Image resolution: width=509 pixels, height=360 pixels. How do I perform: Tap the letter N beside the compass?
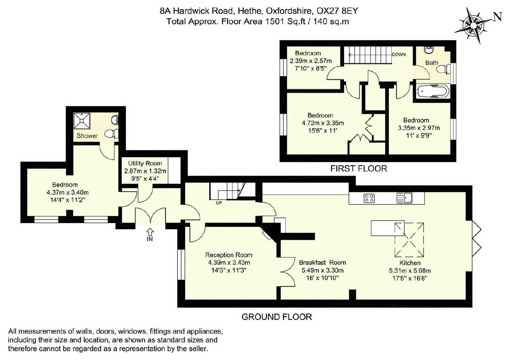click(497, 17)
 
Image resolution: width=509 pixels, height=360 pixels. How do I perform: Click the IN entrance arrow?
click(150, 232)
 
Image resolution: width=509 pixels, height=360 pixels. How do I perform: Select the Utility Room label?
click(145, 163)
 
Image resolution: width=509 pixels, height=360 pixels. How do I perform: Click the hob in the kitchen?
click(369, 198)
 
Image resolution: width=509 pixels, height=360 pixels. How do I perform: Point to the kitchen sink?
click(405, 198)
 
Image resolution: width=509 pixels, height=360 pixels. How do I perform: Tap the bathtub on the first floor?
click(433, 92)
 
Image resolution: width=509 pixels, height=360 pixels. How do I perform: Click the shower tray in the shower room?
click(82, 121)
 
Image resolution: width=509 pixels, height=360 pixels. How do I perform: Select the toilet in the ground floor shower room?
click(111, 133)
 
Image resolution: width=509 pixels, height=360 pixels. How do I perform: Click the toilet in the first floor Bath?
click(444, 69)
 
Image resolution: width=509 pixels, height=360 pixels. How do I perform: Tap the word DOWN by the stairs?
click(399, 54)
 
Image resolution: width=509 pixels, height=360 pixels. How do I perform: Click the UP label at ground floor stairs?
click(219, 203)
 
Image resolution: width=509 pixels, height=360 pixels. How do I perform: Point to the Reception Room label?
click(229, 255)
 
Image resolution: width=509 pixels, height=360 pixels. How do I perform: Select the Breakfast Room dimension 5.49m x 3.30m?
click(322, 271)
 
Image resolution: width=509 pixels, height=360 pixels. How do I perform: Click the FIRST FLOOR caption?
click(359, 169)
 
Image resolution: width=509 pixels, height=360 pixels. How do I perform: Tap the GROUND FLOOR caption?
click(277, 317)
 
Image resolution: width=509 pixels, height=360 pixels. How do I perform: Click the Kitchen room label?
click(410, 263)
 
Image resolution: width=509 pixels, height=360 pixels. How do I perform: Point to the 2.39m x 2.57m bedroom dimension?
click(311, 61)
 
